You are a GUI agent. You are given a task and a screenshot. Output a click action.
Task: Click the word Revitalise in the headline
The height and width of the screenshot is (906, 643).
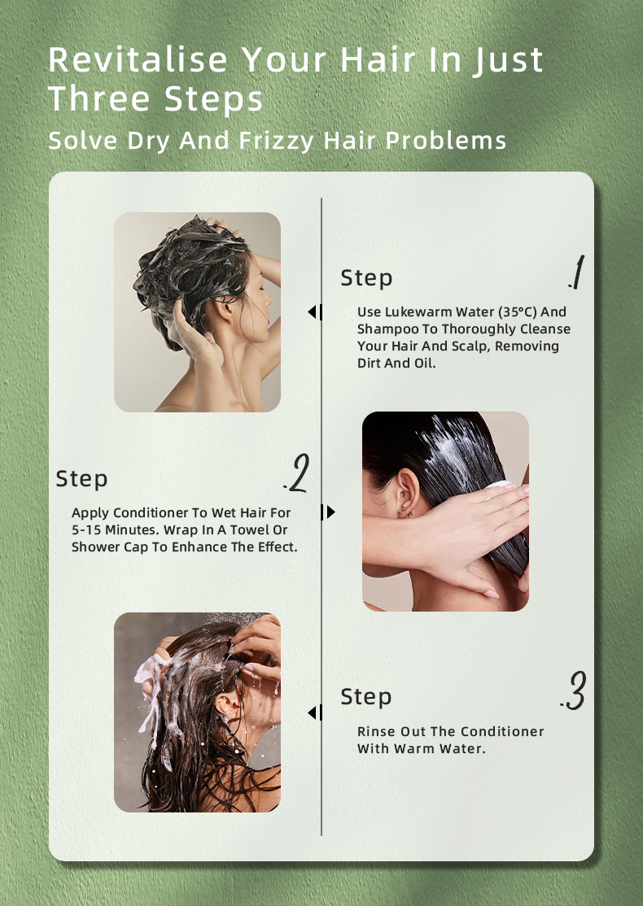point(138,59)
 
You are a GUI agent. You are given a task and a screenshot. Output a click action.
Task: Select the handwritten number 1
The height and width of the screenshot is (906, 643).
point(576,272)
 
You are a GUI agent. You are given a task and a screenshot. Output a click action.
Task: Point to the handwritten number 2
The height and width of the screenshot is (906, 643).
point(296,473)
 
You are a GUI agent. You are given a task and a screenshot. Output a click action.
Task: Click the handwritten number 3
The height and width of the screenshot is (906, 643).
point(574,690)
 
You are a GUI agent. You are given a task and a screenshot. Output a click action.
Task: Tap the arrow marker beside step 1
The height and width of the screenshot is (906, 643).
point(315,312)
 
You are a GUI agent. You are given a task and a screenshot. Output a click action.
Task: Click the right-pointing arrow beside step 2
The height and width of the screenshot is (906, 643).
point(328,512)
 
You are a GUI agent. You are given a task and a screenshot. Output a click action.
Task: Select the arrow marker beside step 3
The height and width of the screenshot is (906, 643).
point(315,712)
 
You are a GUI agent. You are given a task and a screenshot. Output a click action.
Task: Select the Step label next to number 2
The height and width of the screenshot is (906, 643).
point(81,479)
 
